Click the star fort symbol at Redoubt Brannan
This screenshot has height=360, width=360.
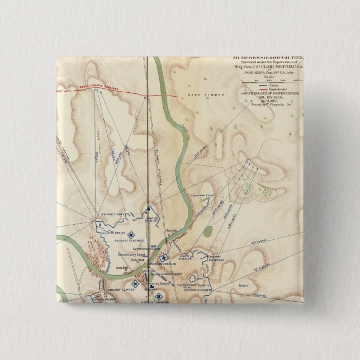click(164, 257)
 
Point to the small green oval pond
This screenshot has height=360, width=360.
click(208, 231)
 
